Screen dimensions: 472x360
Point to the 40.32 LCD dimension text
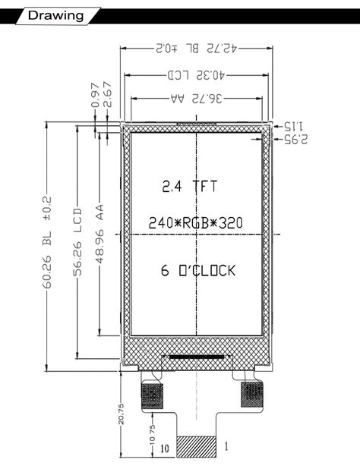click(x=197, y=75)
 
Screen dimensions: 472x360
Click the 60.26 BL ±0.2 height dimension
click(x=46, y=243)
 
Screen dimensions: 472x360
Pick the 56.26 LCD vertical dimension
click(x=77, y=243)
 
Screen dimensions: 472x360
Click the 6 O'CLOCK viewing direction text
click(x=198, y=270)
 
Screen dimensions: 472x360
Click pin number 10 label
click(x=163, y=448)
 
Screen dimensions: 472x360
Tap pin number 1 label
click(x=226, y=447)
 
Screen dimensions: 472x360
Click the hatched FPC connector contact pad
click(x=196, y=446)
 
